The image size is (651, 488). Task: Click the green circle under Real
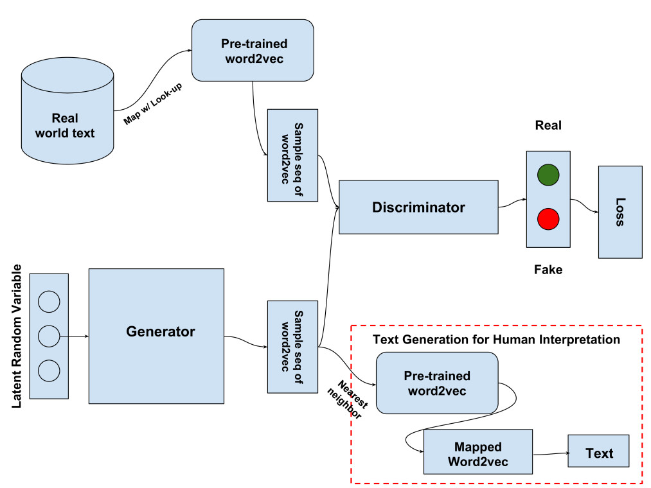pos(548,175)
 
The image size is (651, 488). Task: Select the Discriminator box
pos(418,207)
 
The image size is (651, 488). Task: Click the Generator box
pos(156,336)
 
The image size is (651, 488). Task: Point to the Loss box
pos(620,212)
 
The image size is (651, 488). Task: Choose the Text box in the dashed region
pos(599,453)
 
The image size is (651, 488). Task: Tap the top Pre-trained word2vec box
pos(253,50)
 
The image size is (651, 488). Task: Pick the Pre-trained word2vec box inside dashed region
pos(437,383)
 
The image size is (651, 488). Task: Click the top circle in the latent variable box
pos(49,301)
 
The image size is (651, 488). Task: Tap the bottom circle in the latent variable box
pos(49,370)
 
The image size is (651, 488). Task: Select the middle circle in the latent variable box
pos(49,335)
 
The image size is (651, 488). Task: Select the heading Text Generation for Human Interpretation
pos(496,339)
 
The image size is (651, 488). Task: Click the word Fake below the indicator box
pos(548,270)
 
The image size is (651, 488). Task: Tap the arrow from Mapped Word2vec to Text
pos(551,453)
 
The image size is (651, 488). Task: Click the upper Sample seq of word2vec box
pos(292,155)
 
